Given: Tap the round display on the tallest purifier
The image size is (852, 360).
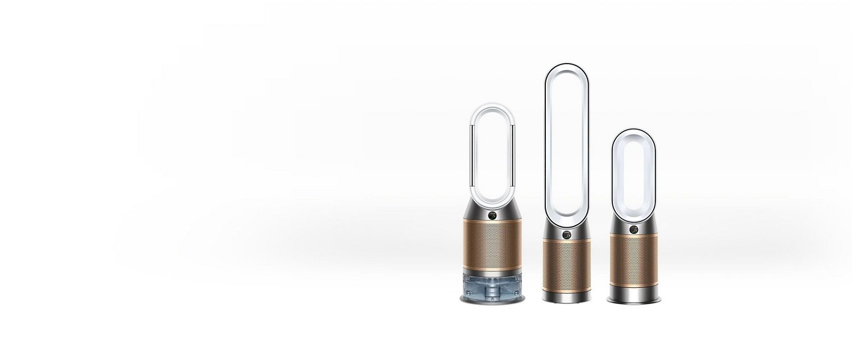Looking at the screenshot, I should point(566,235).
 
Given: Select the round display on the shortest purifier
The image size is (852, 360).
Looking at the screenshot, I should point(633,229).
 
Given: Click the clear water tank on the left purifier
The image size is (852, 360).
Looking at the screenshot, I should point(492,283).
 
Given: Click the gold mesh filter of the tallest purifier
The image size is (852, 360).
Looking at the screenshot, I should point(566,265).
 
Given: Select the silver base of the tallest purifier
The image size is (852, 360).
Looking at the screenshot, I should point(566,296).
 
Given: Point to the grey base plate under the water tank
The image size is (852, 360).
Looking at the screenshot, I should point(492,300).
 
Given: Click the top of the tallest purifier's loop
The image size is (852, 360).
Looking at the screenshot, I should point(566,66).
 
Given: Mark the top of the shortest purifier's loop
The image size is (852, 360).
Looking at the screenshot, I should point(633,132).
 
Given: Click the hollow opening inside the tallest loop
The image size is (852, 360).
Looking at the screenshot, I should point(566,142).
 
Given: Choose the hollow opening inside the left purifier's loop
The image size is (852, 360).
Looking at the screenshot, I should point(492,153).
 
